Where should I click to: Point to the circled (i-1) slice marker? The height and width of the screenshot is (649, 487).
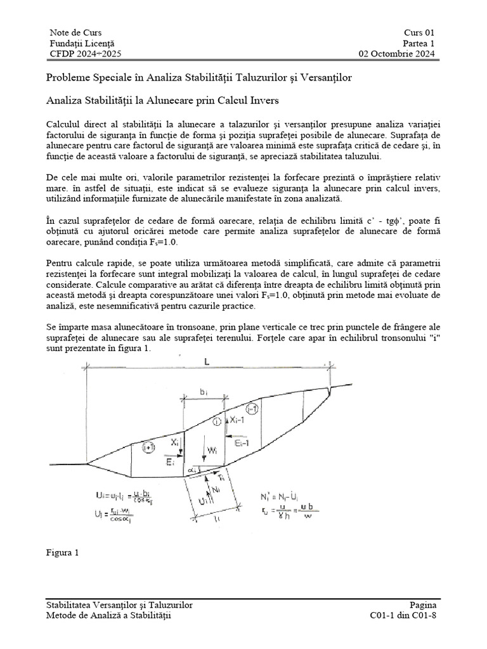pos(252,409)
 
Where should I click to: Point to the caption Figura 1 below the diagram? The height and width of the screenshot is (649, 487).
pos(63,552)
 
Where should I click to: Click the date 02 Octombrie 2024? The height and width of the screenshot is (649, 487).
pos(397,54)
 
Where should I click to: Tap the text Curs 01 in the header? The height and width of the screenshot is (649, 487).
pos(419,32)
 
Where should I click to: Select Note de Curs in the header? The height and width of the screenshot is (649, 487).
pos(75,32)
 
